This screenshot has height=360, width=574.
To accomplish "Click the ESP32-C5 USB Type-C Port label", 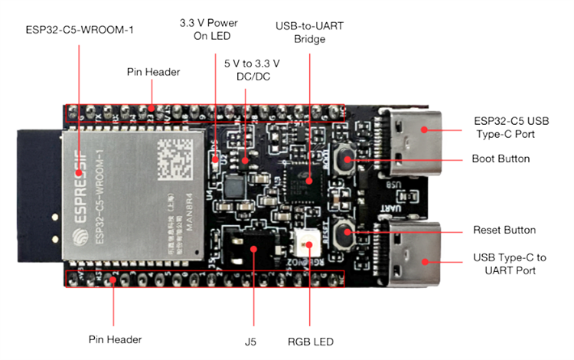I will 511,127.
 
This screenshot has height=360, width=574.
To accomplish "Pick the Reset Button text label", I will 505,230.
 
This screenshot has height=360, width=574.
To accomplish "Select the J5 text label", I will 253,341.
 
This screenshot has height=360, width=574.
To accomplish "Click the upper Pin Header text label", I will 153,72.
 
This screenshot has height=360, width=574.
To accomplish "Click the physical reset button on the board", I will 345,230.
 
